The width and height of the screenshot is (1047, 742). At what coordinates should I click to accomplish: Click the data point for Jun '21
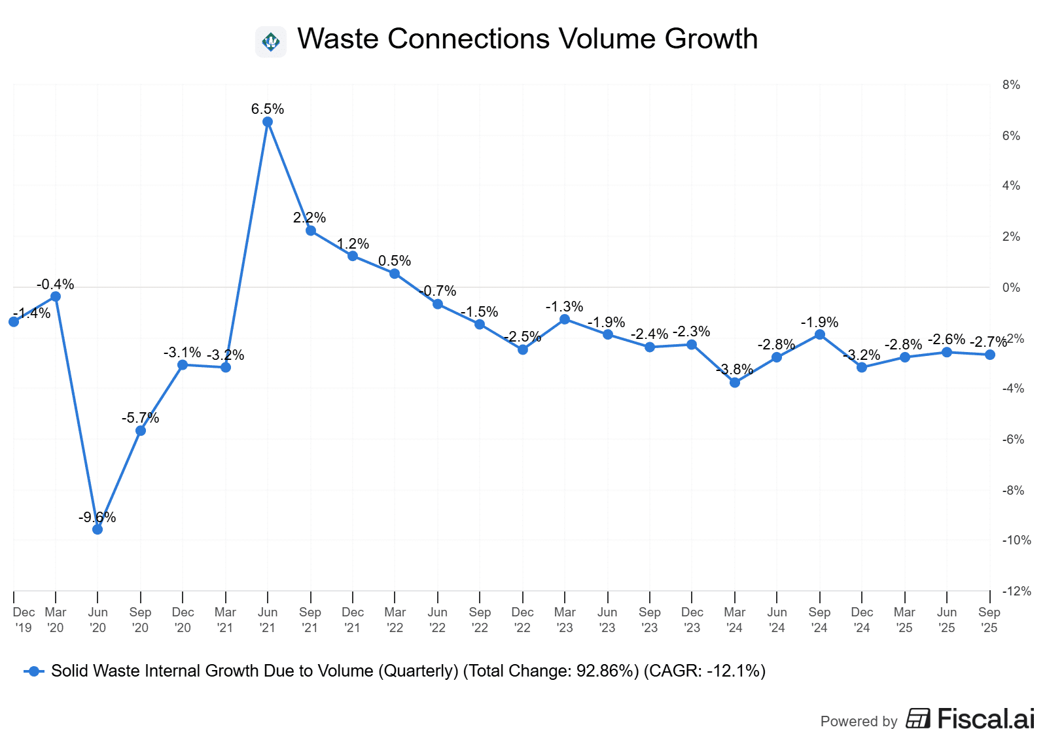pos(268,122)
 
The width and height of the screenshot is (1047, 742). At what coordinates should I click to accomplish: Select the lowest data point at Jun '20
pos(98,529)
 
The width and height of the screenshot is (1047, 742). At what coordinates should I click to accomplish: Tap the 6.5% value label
pos(268,109)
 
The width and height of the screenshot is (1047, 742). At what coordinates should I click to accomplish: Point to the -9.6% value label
pos(98,518)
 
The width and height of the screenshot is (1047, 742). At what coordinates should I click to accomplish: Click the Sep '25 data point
pos(990,355)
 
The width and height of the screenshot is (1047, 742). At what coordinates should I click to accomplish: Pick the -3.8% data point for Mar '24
pos(735,382)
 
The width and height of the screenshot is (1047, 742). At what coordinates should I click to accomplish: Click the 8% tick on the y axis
pos(1011,85)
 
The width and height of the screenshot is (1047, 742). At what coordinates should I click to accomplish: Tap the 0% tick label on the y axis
pos(1011,288)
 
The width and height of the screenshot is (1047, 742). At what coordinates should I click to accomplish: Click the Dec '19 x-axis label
pos(24,620)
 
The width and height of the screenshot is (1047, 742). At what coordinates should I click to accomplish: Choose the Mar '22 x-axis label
pos(395,620)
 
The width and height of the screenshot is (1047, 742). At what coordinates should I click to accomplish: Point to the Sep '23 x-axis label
pos(650,620)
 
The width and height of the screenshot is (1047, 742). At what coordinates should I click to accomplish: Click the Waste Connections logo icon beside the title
pos(271,42)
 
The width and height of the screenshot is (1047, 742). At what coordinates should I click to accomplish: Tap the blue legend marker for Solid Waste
pos(34,671)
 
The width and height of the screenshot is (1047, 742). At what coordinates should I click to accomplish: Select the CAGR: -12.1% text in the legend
pos(705,671)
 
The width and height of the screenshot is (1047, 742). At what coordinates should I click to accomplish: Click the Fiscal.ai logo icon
pos(918,718)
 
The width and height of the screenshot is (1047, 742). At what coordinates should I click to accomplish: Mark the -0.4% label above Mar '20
pos(56,285)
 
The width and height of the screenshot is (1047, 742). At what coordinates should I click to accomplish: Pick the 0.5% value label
pos(395,261)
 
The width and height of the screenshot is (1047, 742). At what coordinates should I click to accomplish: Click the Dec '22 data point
pos(523,349)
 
